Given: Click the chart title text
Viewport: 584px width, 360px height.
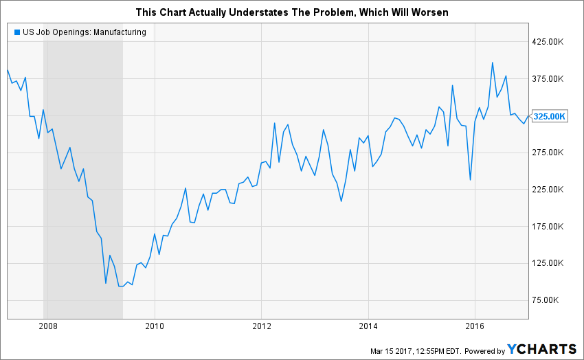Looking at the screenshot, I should point(291,13).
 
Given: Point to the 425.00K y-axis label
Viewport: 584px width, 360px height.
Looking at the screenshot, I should point(548,42).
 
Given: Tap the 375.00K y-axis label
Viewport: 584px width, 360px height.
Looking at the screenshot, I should point(548,79).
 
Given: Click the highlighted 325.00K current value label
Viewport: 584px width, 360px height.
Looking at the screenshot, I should point(549,116).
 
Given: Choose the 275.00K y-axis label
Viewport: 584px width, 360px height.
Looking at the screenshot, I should point(548,153).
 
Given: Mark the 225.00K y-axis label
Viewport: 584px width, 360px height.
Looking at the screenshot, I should point(548,190).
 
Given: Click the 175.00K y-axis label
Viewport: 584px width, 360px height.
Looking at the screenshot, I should point(548,227).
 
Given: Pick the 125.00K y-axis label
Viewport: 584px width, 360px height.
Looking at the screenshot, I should point(548,263).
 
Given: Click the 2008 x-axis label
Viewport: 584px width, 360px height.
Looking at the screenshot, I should point(47,326).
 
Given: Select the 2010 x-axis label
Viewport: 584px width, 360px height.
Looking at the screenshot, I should point(155,326).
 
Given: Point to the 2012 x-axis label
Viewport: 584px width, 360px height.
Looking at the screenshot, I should point(262,326).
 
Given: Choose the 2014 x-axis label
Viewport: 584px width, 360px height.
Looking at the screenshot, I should point(369,326).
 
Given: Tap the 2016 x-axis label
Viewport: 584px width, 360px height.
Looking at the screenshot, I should point(476,326).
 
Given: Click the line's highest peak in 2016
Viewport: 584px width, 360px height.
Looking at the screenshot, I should point(492,63).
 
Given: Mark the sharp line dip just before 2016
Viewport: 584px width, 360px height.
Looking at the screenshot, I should point(470,180).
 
